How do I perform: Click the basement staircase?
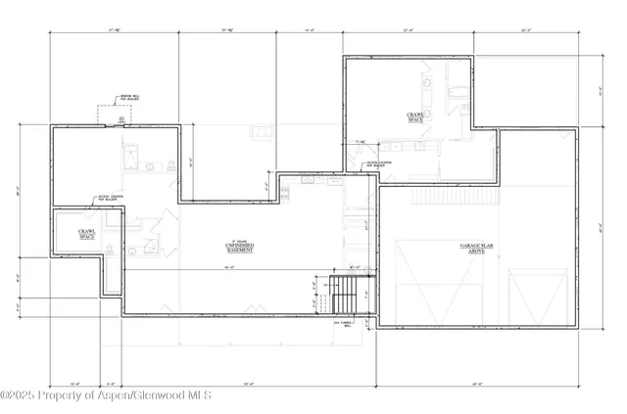(x=346, y=290)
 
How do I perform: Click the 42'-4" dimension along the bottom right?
(x=475, y=383)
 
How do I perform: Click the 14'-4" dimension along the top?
(x=310, y=31)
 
